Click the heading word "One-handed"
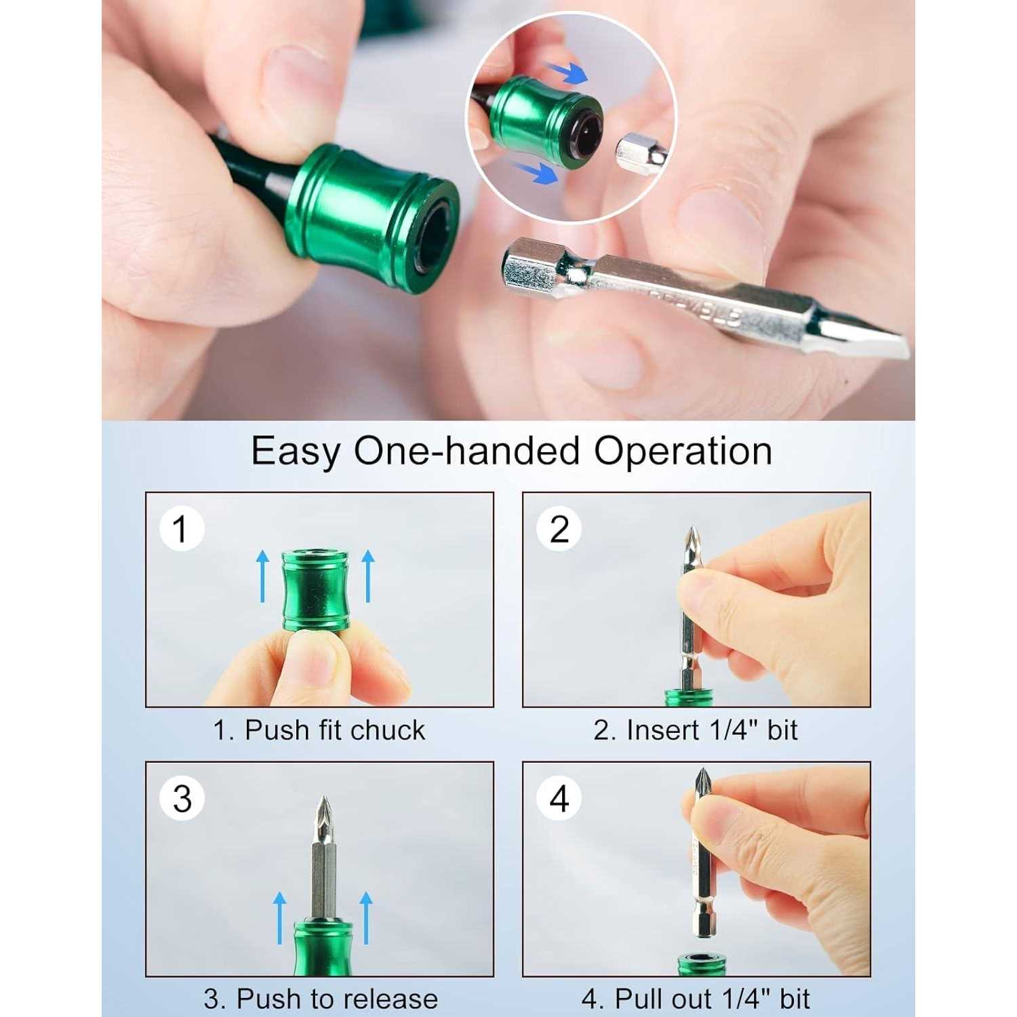coord(466,451)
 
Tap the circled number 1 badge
coord(180,529)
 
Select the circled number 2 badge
coord(559,529)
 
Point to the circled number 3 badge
coord(182,799)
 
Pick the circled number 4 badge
coord(559,799)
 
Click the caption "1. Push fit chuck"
coord(319,730)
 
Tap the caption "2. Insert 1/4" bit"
coord(696,730)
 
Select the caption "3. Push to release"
coord(321,999)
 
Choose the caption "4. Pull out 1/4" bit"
coord(696,999)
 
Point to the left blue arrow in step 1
coord(262,576)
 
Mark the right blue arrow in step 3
coord(366,918)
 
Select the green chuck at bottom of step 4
coord(698,964)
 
